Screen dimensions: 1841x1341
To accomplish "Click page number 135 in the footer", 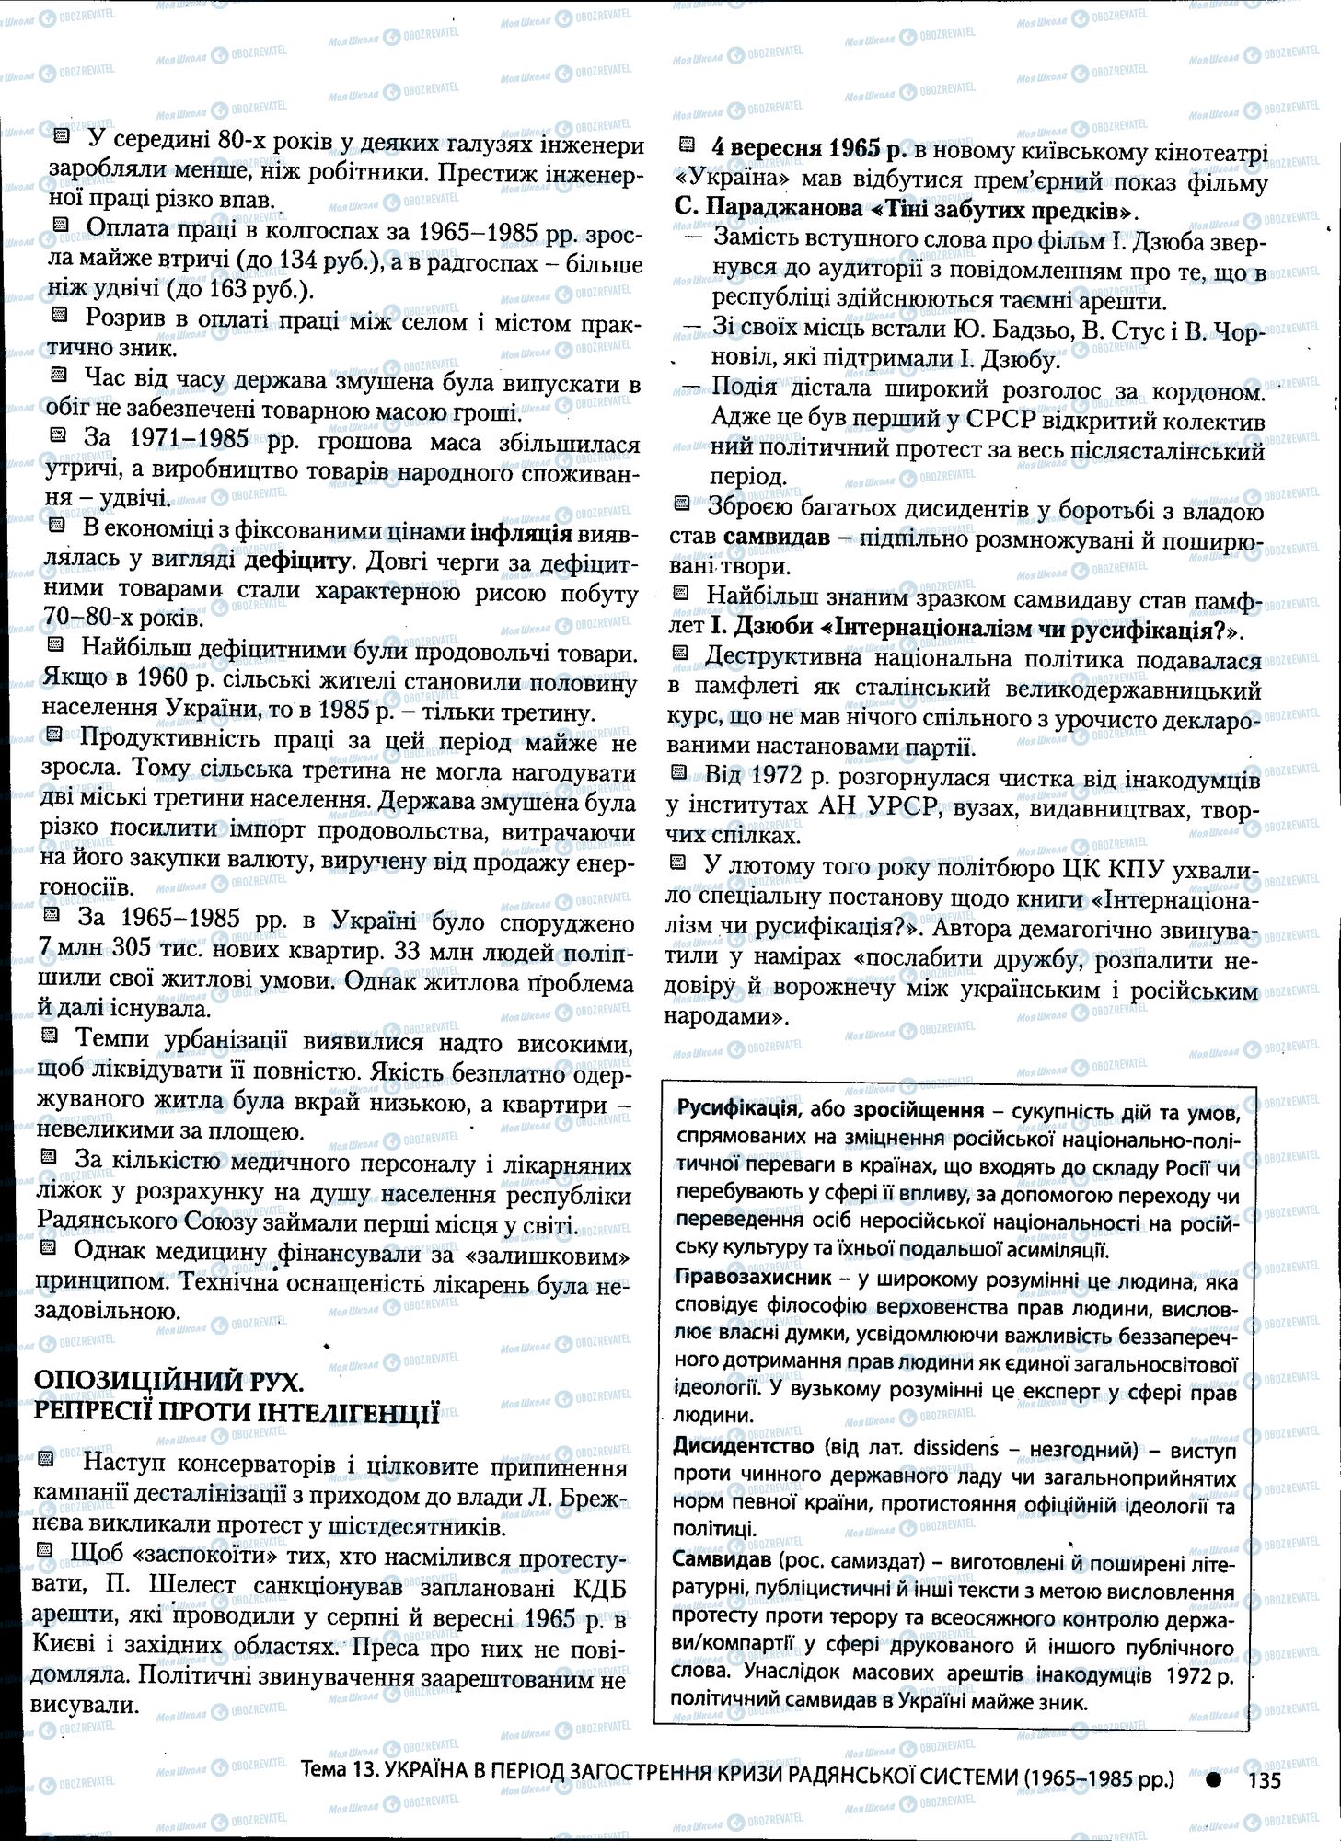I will coord(1265,1779).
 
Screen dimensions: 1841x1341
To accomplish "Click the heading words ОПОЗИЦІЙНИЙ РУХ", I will coord(168,1383).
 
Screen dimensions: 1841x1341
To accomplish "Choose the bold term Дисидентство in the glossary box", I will coord(743,1446).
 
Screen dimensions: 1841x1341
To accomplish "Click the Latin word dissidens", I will coord(954,1447).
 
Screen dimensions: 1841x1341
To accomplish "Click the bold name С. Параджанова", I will coord(769,210).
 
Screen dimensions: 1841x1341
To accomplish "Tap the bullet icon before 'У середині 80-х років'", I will coord(62,136).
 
